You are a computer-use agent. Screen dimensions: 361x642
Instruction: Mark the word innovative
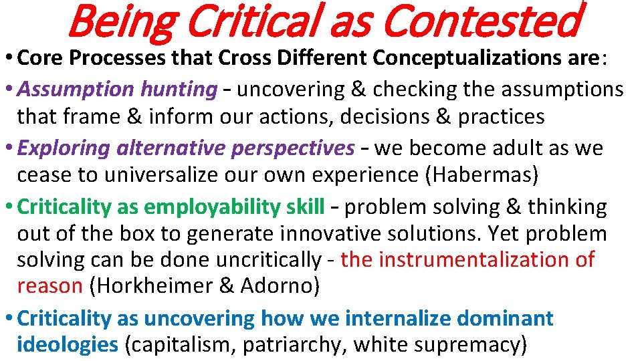pyautogui.click(x=338, y=234)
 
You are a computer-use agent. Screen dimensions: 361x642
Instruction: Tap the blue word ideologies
pyautogui.click(x=67, y=345)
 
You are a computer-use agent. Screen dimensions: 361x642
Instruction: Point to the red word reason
pyautogui.click(x=49, y=286)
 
